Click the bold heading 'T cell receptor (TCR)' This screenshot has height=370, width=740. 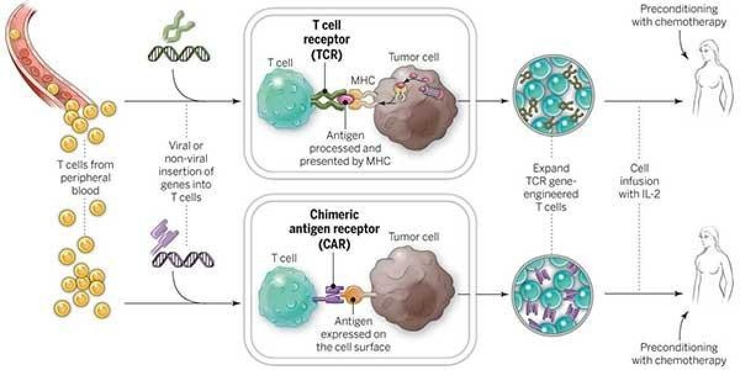point(326,40)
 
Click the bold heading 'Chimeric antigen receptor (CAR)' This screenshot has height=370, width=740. point(334,229)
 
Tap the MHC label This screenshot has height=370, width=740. point(363,80)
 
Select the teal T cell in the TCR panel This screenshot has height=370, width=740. point(284,99)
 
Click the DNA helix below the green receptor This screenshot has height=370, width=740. point(179,54)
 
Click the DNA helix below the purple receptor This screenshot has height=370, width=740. point(183,260)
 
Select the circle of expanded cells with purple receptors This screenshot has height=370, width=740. point(552,294)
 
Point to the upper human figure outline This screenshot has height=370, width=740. point(713,79)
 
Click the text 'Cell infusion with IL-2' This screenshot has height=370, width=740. point(639,181)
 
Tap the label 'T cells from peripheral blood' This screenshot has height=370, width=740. point(85,178)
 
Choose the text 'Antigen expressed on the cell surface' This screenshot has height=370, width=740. point(353,334)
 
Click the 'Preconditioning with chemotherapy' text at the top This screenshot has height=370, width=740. point(679,15)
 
